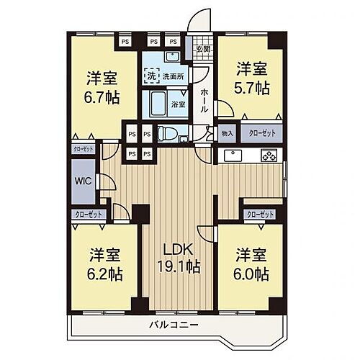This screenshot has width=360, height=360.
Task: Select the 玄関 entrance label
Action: pos(202,50)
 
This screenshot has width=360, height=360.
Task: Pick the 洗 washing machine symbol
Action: pos(152,73)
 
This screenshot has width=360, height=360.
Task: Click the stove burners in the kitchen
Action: pos(269,156)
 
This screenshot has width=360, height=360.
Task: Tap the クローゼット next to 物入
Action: pos(261,134)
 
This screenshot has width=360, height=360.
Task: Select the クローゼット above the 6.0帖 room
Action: pos(260,214)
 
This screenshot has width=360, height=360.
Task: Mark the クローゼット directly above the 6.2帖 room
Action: pos(89,214)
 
